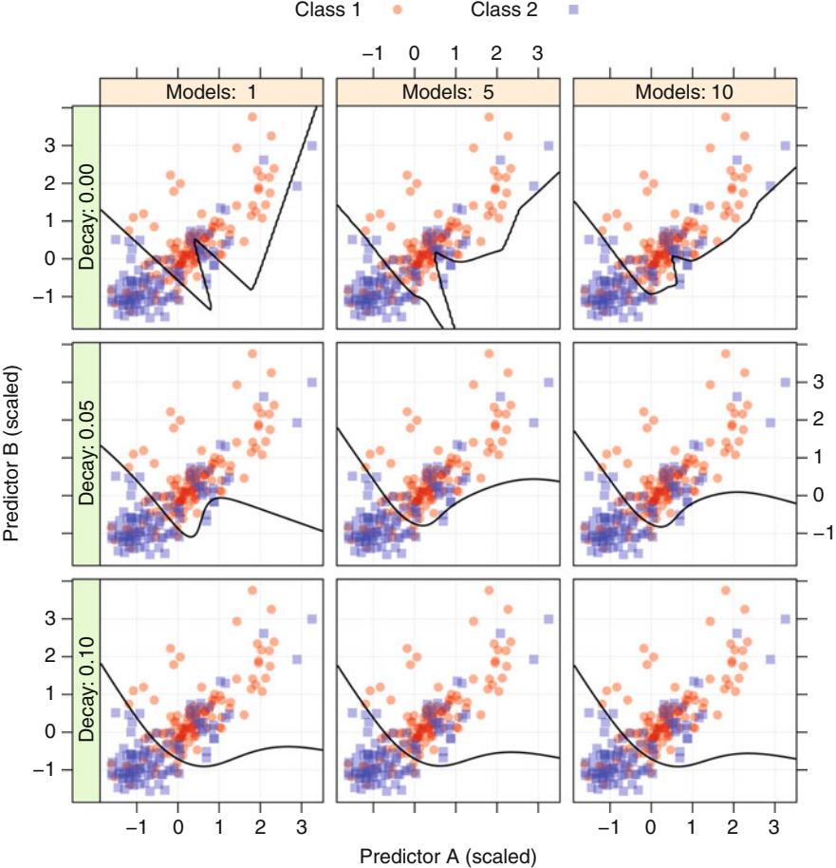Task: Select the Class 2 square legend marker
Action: click(573, 10)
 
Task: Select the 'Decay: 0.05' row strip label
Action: click(87, 457)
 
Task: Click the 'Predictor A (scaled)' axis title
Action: click(447, 856)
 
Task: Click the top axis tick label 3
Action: click(537, 51)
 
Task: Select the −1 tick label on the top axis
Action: click(372, 51)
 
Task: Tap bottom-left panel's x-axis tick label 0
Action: click(178, 825)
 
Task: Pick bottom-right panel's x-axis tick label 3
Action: click(774, 825)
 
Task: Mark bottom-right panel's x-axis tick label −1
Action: click(607, 825)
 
